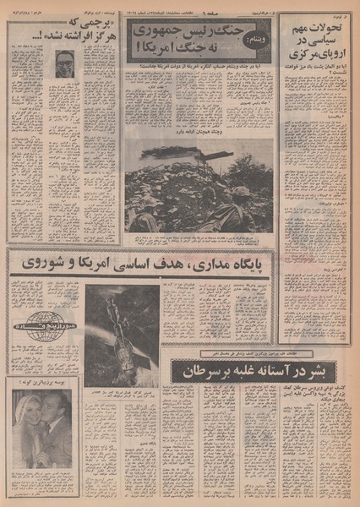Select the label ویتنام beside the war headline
point(259,39)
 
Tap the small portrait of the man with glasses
point(65,63)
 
